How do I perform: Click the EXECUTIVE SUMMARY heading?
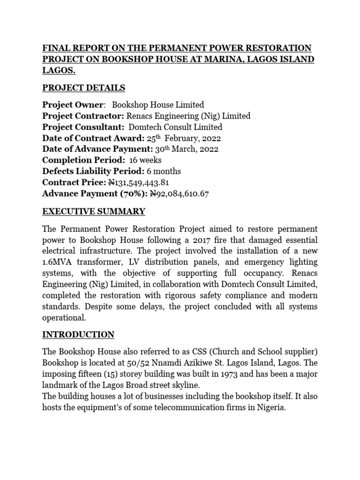pyautogui.click(x=94, y=211)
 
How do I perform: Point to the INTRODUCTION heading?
pyautogui.click(x=78, y=335)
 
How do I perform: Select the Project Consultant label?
pyautogui.click(x=82, y=127)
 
